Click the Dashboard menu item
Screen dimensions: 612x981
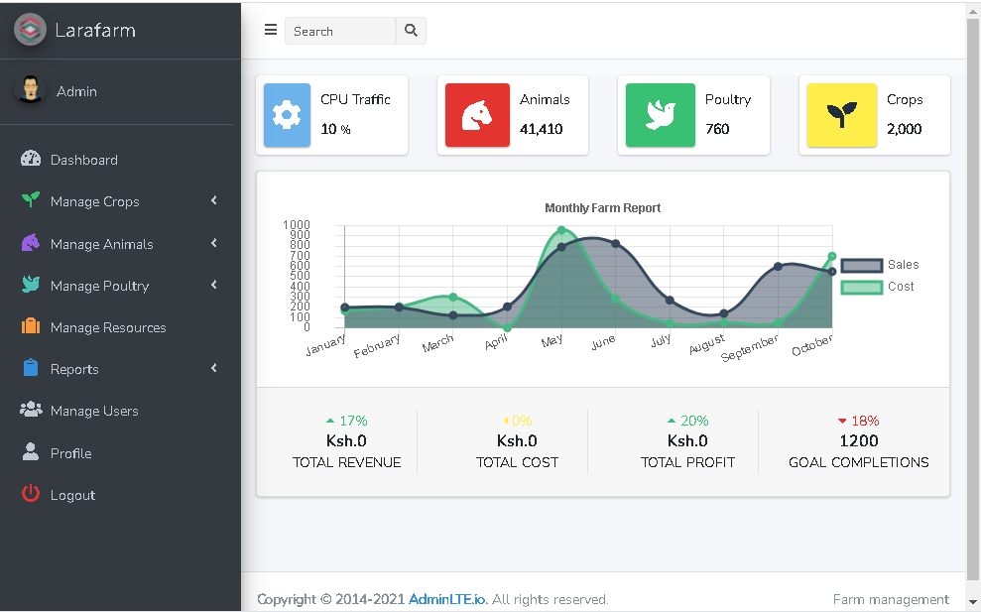tap(83, 160)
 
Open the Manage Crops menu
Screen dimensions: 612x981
tap(94, 201)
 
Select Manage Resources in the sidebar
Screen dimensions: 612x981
tap(107, 327)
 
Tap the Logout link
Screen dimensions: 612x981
tap(72, 495)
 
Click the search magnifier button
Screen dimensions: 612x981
tap(411, 31)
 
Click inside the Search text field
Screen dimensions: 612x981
tap(339, 32)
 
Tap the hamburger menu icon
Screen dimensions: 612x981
tap(271, 30)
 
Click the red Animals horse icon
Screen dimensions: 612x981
tap(477, 115)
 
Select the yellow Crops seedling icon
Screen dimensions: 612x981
tap(841, 115)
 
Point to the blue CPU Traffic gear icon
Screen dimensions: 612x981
tap(287, 115)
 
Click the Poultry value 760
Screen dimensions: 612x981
tap(717, 129)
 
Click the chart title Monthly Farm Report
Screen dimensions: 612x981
tap(602, 208)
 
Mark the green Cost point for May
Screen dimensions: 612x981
tap(561, 230)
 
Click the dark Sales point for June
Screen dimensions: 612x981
tap(615, 244)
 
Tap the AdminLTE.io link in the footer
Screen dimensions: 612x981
tap(447, 599)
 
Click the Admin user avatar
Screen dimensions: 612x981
tap(31, 90)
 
